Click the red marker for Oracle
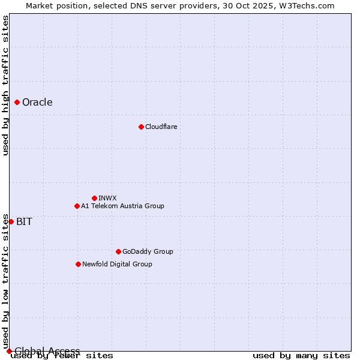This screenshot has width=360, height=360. [x=17, y=102]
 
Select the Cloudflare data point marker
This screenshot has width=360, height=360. [x=141, y=127]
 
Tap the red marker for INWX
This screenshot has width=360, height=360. [x=94, y=198]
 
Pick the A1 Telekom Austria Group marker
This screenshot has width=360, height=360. [x=77, y=206]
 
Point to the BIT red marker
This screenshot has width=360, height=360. [x=11, y=221]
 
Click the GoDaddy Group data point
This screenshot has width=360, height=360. [x=118, y=251]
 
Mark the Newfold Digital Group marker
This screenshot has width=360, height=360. [x=78, y=264]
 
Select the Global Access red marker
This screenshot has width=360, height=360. [x=9, y=351]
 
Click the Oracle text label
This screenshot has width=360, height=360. [x=37, y=102]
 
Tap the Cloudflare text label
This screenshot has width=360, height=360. [x=161, y=127]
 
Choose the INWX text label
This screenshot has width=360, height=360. [x=107, y=198]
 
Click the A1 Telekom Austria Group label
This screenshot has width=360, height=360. [x=122, y=206]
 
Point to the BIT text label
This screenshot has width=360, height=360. [x=24, y=221]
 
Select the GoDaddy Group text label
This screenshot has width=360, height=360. [x=148, y=251]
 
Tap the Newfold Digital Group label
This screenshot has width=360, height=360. [x=117, y=264]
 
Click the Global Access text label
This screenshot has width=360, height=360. [x=47, y=351]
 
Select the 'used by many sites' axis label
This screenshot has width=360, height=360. [x=301, y=356]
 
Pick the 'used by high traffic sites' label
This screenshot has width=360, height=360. [x=5, y=85]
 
